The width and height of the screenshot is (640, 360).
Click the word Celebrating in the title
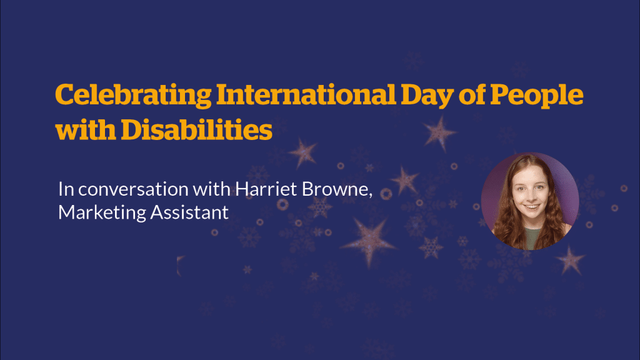pos(134,96)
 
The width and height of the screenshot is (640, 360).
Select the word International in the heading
pos(306,94)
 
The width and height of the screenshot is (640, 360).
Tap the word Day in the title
pos(427,96)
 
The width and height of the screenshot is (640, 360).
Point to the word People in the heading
pos(536,96)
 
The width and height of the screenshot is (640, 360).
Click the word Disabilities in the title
pos(197,130)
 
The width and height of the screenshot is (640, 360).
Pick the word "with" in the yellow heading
pos(85,130)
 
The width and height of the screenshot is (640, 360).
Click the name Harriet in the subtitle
pos(266,189)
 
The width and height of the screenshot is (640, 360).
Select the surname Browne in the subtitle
pos(337,189)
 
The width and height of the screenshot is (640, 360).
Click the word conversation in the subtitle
pos(134,189)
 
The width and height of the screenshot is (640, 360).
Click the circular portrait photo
pos(530,201)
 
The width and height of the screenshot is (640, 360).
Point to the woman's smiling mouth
pos(531,207)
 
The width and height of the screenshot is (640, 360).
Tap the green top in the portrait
pos(531,239)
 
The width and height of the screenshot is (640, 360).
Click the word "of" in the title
pos(472,95)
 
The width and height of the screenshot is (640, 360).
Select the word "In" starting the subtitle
pos(66,189)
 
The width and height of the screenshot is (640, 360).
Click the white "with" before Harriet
pos(212,189)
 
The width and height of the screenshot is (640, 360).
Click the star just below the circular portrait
pos(570,260)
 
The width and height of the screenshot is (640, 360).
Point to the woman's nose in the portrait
pos(531,196)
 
